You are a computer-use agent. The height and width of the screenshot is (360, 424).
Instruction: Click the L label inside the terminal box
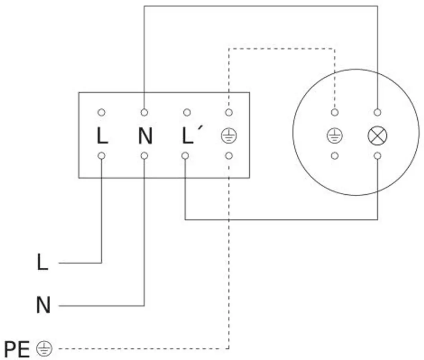point(102,136)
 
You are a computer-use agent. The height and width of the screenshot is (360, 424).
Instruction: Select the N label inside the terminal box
point(145,136)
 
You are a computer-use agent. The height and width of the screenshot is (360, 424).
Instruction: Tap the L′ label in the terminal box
point(192,135)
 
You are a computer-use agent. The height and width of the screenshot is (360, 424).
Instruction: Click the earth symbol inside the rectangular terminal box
point(229,136)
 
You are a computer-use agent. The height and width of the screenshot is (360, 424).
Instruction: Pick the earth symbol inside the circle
point(335,136)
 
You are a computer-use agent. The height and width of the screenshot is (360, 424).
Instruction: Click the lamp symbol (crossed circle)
point(378,136)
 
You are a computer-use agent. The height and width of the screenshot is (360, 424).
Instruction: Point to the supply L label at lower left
point(42,262)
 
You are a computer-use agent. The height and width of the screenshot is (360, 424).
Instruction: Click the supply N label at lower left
point(43,305)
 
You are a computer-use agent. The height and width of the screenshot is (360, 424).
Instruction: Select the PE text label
point(17,349)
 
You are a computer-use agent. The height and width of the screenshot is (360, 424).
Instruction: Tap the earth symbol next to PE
point(44,349)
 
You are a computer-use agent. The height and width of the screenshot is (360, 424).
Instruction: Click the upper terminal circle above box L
point(101,112)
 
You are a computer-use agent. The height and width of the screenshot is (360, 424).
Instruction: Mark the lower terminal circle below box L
point(101,156)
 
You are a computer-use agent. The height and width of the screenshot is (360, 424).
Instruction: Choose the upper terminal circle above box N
point(144,112)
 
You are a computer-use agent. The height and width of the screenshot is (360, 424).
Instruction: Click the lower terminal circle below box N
point(144,156)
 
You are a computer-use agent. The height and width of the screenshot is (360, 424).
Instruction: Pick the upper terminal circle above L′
point(187,112)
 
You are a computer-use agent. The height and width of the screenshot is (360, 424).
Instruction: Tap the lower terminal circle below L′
point(185,156)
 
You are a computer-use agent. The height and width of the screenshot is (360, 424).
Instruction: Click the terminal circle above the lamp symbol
point(378,112)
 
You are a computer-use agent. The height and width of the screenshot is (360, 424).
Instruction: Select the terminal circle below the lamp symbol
point(378,156)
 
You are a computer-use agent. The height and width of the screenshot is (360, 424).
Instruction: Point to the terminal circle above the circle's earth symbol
point(335,112)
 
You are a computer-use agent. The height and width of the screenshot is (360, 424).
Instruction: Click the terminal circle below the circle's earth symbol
point(335,156)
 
